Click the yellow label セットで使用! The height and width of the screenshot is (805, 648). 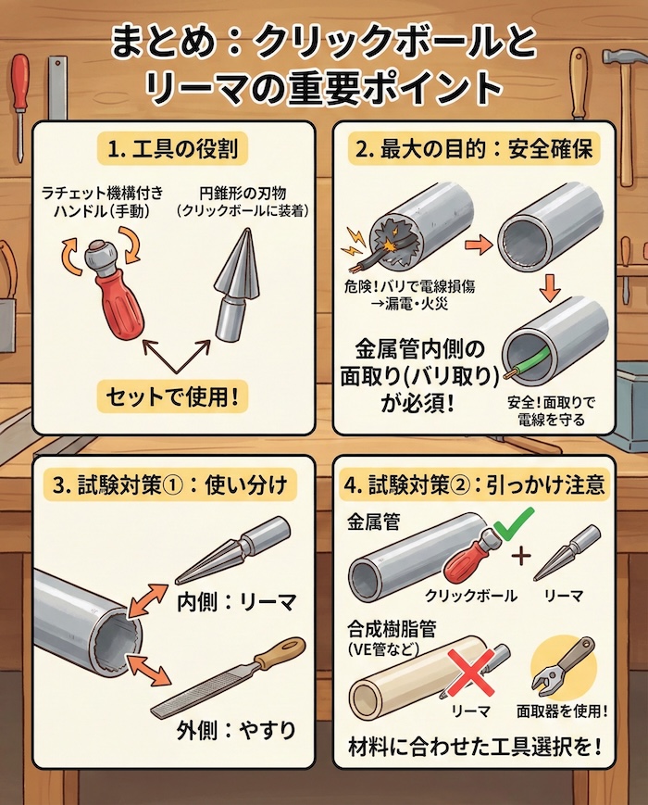tap(173, 398)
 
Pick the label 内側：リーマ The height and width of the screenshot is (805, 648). tap(236, 602)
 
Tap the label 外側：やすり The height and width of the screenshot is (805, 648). tap(236, 730)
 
